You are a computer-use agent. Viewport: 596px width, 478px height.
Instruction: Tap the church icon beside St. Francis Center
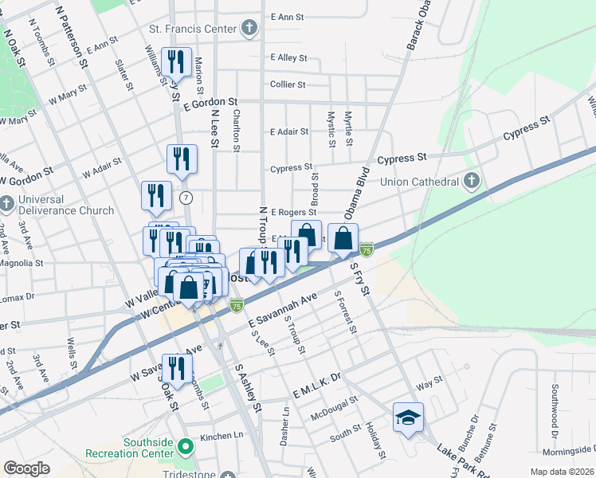pyautogui.click(x=249, y=29)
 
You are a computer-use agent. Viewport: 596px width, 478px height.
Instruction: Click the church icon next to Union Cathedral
pyautogui.click(x=471, y=181)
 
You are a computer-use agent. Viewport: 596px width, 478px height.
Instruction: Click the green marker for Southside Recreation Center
pyautogui.click(x=186, y=445)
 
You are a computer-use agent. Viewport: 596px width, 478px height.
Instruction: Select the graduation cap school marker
pyautogui.click(x=408, y=417)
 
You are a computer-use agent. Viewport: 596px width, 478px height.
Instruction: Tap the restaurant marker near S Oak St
pyautogui.click(x=177, y=368)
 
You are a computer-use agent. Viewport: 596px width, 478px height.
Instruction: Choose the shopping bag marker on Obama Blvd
pyautogui.click(x=343, y=238)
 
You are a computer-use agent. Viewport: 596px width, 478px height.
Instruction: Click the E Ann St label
pyautogui.click(x=288, y=16)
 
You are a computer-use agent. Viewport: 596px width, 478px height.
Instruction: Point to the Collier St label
pyautogui.click(x=288, y=84)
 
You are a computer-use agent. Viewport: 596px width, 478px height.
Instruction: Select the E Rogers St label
pyautogui.click(x=293, y=213)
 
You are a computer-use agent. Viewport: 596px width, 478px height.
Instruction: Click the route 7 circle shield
pyautogui.click(x=186, y=197)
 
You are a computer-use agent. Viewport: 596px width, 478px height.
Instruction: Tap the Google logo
pyautogui.click(x=26, y=468)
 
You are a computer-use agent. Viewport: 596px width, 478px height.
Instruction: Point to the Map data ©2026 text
pyautogui.click(x=562, y=472)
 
